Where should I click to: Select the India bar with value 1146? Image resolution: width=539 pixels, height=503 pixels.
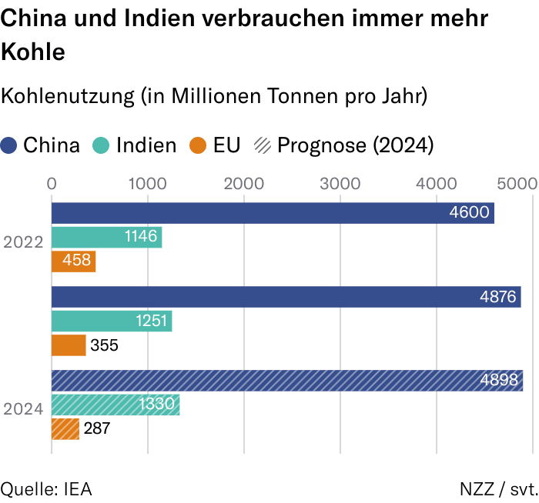click(106, 238)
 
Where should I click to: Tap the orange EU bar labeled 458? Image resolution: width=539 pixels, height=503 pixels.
click(73, 261)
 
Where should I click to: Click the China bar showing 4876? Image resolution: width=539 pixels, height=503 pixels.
click(286, 297)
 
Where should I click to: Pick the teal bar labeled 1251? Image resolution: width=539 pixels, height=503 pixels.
click(112, 321)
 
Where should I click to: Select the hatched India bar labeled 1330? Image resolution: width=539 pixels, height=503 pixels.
click(115, 405)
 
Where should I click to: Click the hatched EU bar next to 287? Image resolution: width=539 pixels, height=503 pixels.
click(65, 428)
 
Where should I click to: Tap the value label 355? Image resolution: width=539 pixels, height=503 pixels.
click(104, 345)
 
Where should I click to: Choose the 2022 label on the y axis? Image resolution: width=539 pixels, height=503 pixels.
click(23, 242)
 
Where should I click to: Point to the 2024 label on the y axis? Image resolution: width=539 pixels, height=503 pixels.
click(23, 409)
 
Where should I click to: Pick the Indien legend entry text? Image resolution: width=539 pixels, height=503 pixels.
click(146, 145)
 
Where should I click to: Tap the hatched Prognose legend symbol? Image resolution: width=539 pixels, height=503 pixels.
click(263, 145)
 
